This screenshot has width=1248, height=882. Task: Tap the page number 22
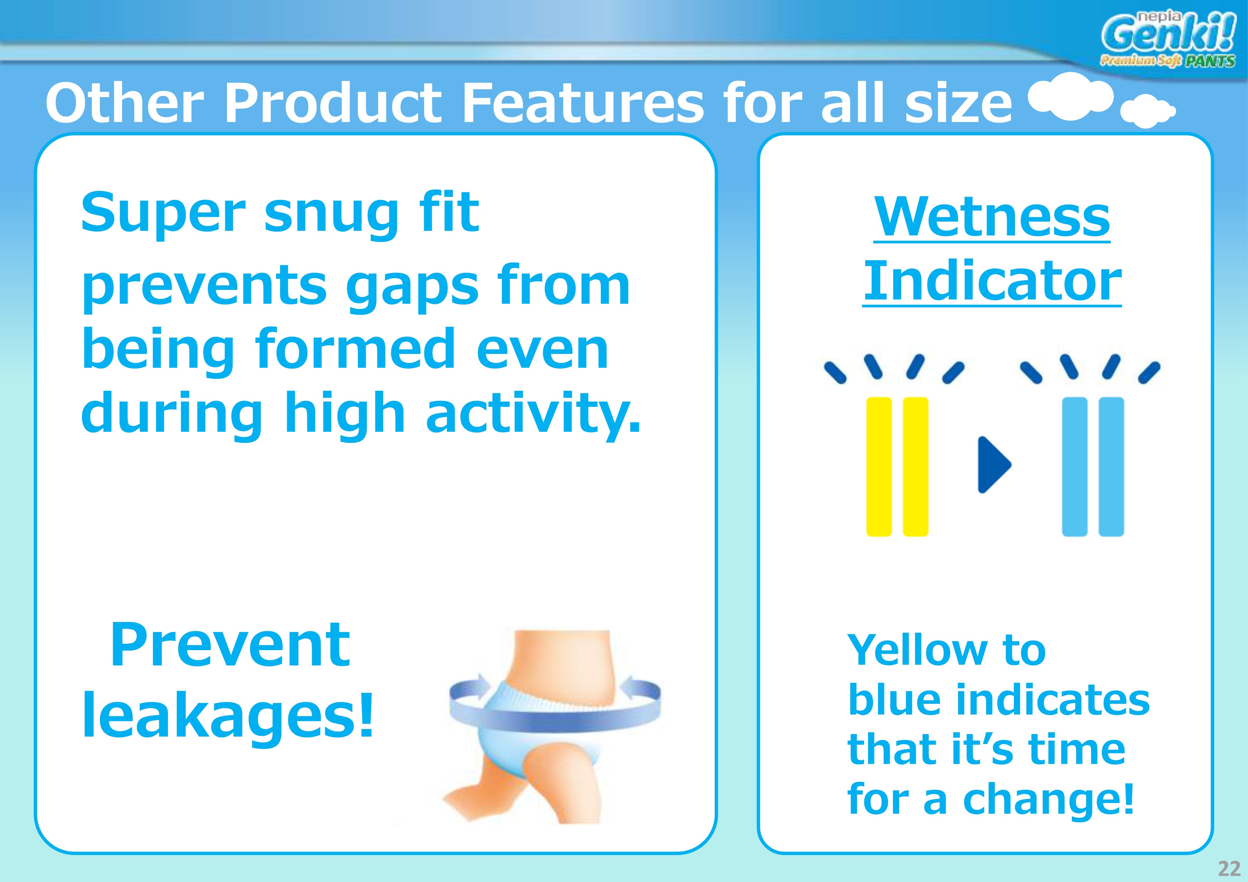click(1230, 868)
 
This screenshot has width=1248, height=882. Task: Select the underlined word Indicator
click(992, 281)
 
